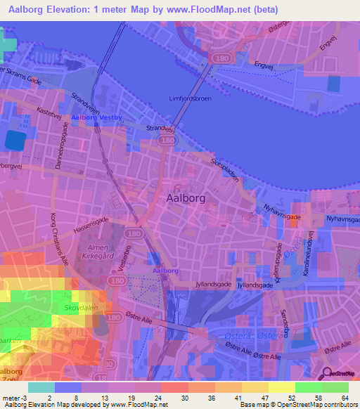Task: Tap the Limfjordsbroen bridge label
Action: point(191,98)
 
